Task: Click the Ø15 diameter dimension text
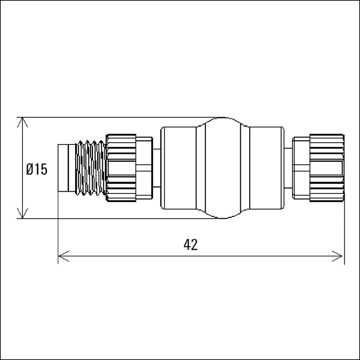pos(36,169)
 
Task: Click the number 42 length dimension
pos(191,244)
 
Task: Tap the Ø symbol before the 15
pos(30,169)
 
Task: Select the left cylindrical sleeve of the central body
pos(179,168)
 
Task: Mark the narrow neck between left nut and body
pos(157,168)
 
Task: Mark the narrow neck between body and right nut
pos(288,168)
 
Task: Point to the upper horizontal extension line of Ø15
pos(112,117)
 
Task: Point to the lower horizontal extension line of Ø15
pos(112,219)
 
